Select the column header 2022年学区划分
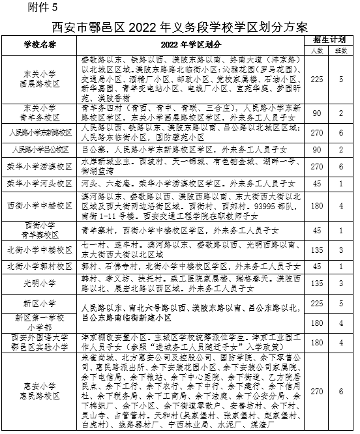[190, 44]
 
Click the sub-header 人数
[318, 49]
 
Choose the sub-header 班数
[340, 49]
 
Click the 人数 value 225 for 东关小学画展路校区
[318, 78]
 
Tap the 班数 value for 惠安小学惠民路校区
[340, 391]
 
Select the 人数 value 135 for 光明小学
[318, 283]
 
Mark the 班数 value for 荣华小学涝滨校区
[340, 167]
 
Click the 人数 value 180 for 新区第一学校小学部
[318, 322]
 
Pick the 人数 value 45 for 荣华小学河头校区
[318, 184]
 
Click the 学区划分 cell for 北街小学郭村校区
[190, 266]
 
